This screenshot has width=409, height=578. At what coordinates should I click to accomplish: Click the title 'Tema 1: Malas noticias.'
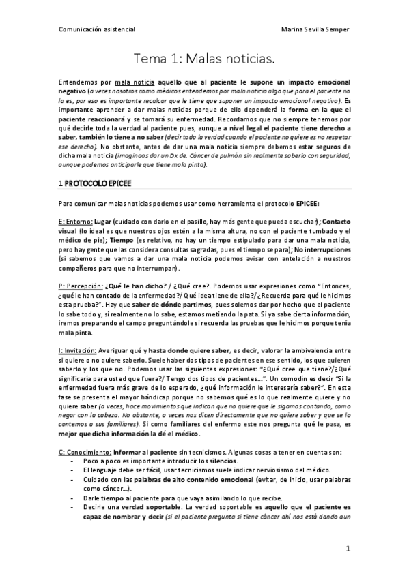click(204, 60)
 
